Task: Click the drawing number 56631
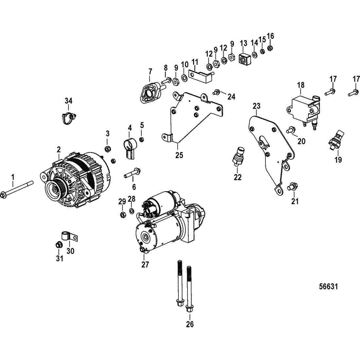(x=329, y=287)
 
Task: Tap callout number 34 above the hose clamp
(x=68, y=101)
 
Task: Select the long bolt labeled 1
(x=17, y=189)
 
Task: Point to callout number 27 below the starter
(x=145, y=265)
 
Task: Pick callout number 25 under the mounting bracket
(x=179, y=155)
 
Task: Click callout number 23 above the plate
(x=257, y=106)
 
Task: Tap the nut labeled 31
(x=59, y=245)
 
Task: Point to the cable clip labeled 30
(x=69, y=236)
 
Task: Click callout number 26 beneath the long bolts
(x=190, y=324)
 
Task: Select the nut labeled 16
(x=270, y=48)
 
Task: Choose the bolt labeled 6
(x=132, y=173)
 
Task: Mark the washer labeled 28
(x=132, y=211)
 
